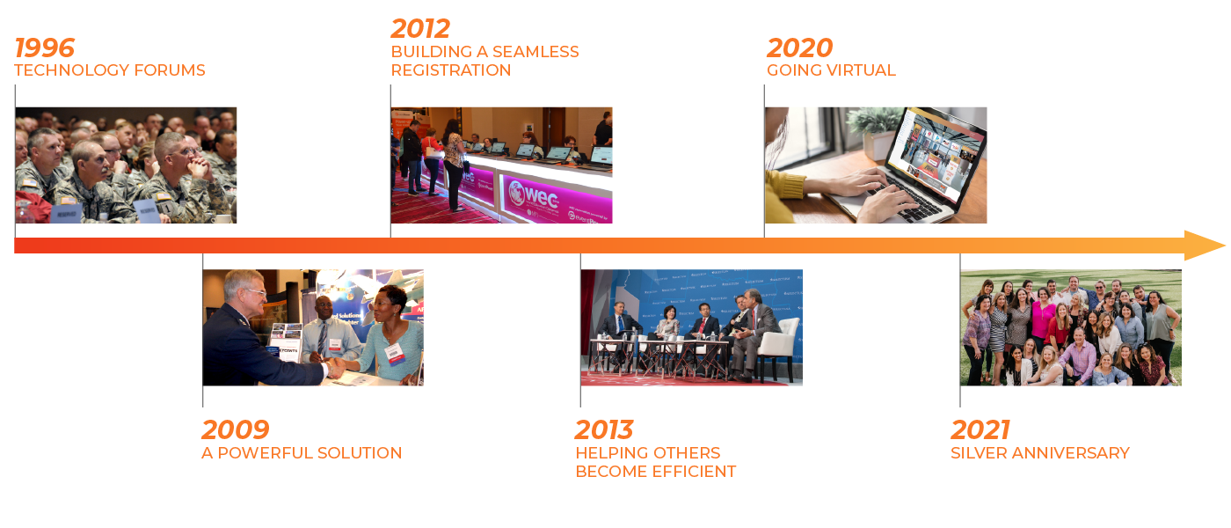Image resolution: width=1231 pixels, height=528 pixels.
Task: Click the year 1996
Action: click(x=45, y=48)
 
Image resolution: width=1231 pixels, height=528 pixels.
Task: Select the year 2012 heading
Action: click(x=420, y=28)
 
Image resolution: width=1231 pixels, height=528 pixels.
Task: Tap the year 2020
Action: click(x=799, y=48)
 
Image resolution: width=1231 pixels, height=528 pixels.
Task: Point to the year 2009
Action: click(x=236, y=429)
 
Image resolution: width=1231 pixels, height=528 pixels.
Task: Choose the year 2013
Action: click(x=604, y=429)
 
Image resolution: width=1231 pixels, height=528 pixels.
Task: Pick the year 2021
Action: click(x=980, y=429)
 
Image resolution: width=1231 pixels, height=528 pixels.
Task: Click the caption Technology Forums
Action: click(x=109, y=70)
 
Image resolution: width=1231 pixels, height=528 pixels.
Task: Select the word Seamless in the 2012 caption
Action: click(x=535, y=52)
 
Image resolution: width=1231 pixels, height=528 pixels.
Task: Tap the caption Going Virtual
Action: click(x=831, y=70)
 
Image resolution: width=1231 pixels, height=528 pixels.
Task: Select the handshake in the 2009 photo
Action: click(x=334, y=367)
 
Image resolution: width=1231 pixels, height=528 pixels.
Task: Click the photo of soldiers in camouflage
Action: click(x=126, y=165)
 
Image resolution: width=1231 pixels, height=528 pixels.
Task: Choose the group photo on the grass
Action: click(x=1071, y=327)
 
